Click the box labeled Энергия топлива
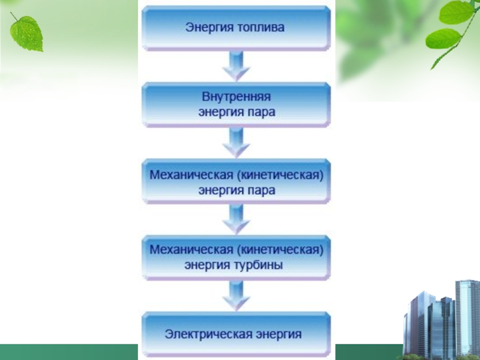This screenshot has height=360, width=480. (235, 28)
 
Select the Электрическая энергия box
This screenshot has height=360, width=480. (235, 334)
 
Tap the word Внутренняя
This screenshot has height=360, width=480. (235, 97)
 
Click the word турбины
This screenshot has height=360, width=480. (259, 265)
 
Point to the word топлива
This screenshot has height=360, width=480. (260, 28)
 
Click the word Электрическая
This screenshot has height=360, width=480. (202, 334)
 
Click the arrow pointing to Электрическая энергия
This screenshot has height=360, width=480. (235, 295)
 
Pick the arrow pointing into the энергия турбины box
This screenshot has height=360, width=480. (235, 220)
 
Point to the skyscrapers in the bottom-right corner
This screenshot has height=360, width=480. (441, 321)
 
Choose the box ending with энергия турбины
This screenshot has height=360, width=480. (235, 257)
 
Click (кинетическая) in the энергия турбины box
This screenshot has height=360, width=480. (284, 249)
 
